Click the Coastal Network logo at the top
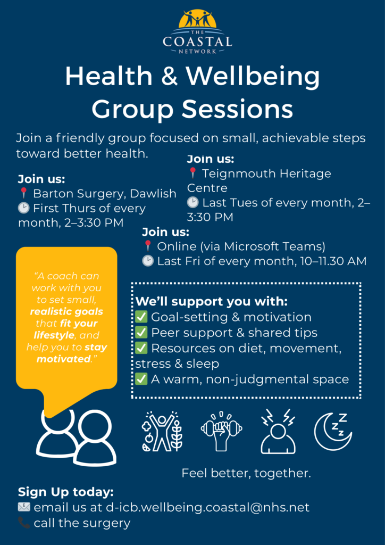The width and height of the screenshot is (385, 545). pyautogui.click(x=197, y=31)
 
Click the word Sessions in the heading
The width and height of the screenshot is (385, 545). pyautogui.click(x=238, y=109)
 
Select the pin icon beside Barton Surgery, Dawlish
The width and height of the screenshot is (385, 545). pyautogui.click(x=23, y=193)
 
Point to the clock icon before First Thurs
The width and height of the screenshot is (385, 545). pyautogui.click(x=23, y=208)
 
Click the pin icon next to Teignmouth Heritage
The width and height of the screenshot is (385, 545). pyautogui.click(x=193, y=173)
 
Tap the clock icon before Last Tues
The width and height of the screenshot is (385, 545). pyautogui.click(x=192, y=202)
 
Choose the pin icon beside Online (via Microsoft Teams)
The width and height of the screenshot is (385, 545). pyautogui.click(x=147, y=246)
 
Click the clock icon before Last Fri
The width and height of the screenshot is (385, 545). pyautogui.click(x=147, y=261)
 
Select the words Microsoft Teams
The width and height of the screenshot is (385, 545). pyautogui.click(x=274, y=246)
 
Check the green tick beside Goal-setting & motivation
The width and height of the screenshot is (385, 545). pyautogui.click(x=141, y=317)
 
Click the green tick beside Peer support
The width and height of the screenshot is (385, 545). pyautogui.click(x=141, y=333)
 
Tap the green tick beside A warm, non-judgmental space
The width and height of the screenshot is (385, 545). pyautogui.click(x=141, y=379)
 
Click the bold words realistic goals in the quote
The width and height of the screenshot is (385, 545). pyautogui.click(x=66, y=311)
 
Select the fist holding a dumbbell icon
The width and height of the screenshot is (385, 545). pyautogui.click(x=222, y=431)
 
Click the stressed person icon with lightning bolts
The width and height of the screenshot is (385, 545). pyautogui.click(x=278, y=431)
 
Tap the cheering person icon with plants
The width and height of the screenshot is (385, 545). pyautogui.click(x=162, y=431)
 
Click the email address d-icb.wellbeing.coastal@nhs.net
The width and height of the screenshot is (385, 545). pyautogui.click(x=207, y=507)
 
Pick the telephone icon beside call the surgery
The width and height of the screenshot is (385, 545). pyautogui.click(x=24, y=523)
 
